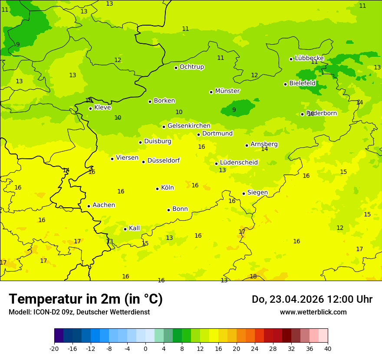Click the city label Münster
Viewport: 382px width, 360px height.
(x=227, y=91)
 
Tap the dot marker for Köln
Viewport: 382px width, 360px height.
(x=157, y=189)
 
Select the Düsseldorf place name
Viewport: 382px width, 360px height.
(x=163, y=160)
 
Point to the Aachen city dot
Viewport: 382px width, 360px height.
(x=89, y=206)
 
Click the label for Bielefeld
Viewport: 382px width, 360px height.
(x=303, y=83)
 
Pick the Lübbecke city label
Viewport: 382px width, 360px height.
(x=309, y=58)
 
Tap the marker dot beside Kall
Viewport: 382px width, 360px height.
(x=125, y=229)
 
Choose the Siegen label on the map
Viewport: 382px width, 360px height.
(x=257, y=193)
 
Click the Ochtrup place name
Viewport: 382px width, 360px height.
(x=192, y=67)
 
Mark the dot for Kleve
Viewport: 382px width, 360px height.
(x=90, y=108)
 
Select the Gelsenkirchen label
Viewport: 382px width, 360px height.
(x=189, y=126)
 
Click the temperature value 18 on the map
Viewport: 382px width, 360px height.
(x=253, y=276)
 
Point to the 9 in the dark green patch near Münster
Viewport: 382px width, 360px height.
(x=234, y=110)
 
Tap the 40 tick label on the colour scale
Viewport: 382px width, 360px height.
(x=328, y=348)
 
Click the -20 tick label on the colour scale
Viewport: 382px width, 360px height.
(x=54, y=348)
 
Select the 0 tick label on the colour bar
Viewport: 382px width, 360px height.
(x=145, y=348)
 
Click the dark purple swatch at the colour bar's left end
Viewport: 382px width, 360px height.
(x=59, y=336)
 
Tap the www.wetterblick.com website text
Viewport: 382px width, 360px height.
(x=313, y=312)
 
